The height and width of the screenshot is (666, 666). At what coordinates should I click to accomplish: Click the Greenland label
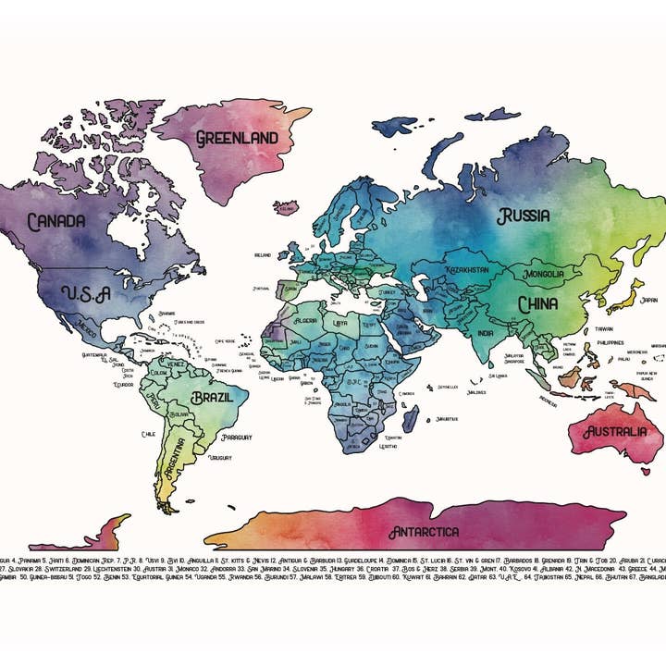click(237, 138)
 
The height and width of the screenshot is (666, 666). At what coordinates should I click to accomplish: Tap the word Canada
click(56, 222)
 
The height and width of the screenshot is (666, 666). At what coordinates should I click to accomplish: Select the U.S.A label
click(86, 292)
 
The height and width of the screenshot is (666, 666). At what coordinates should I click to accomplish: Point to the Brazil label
click(217, 399)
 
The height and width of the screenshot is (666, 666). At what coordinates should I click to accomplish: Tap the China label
click(537, 303)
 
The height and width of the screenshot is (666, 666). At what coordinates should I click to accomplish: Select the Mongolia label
click(550, 275)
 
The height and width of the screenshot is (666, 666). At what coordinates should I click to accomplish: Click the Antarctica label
click(423, 532)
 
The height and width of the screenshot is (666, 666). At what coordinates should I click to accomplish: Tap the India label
click(485, 333)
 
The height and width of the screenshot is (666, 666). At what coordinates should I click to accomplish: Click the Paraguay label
click(237, 437)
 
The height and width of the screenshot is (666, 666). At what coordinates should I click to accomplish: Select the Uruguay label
click(219, 458)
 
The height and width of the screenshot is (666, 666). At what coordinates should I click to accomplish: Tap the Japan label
click(649, 300)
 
